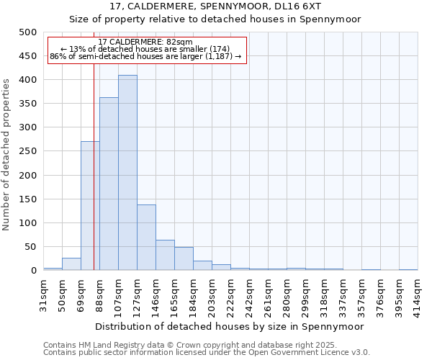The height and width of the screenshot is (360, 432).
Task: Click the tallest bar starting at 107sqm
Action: coord(127,173)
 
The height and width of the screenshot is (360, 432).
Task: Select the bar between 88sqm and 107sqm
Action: coord(109,184)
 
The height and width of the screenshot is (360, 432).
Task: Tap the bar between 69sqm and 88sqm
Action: coord(90,206)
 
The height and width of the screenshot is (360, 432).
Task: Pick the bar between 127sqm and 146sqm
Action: coord(146,238)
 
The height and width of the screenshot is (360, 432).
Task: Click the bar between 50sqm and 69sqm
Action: coord(71,264)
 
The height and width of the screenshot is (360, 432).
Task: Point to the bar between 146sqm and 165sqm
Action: coord(165,255)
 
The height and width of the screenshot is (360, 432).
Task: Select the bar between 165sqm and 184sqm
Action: coord(184,258)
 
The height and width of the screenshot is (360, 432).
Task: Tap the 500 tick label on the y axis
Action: coord(27,32)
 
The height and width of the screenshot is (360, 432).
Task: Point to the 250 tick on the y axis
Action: coord(27,151)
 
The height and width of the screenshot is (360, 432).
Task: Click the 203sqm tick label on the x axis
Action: coord(212,294)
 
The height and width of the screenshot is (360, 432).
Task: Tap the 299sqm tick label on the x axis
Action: coord(305,294)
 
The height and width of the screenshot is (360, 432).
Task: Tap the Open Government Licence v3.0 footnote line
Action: coord(206,353)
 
